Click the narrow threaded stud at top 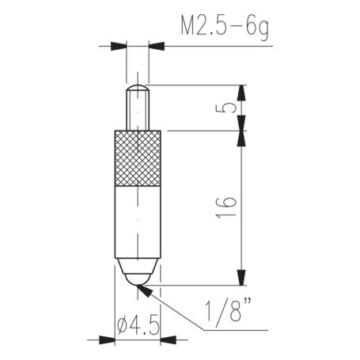click(137, 107)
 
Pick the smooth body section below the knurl click(138, 225)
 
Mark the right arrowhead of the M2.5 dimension click(152, 46)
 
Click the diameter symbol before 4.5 click(123, 324)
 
